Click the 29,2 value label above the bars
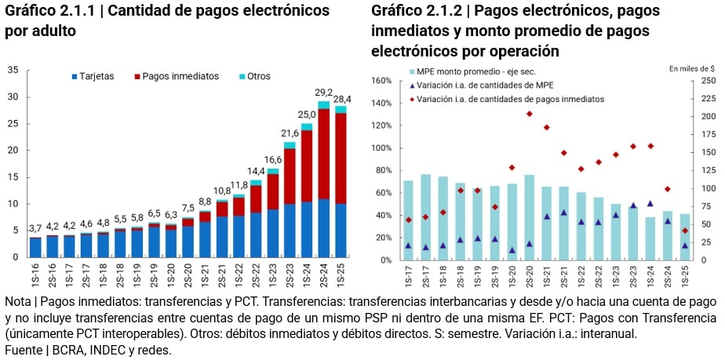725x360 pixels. (x=324, y=93)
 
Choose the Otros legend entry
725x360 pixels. (x=257, y=76)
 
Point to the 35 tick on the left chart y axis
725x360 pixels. (x=13, y=70)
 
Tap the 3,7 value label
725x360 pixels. (x=35, y=228)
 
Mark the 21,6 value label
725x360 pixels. (x=290, y=133)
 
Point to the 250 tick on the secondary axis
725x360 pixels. (x=708, y=81)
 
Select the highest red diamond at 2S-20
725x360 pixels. (x=529, y=114)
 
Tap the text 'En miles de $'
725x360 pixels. (x=694, y=69)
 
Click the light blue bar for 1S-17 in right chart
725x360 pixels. (x=408, y=220)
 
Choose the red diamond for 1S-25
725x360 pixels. (x=685, y=231)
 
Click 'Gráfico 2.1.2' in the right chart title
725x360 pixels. (x=418, y=11)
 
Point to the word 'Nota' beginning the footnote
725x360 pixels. (x=19, y=301)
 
